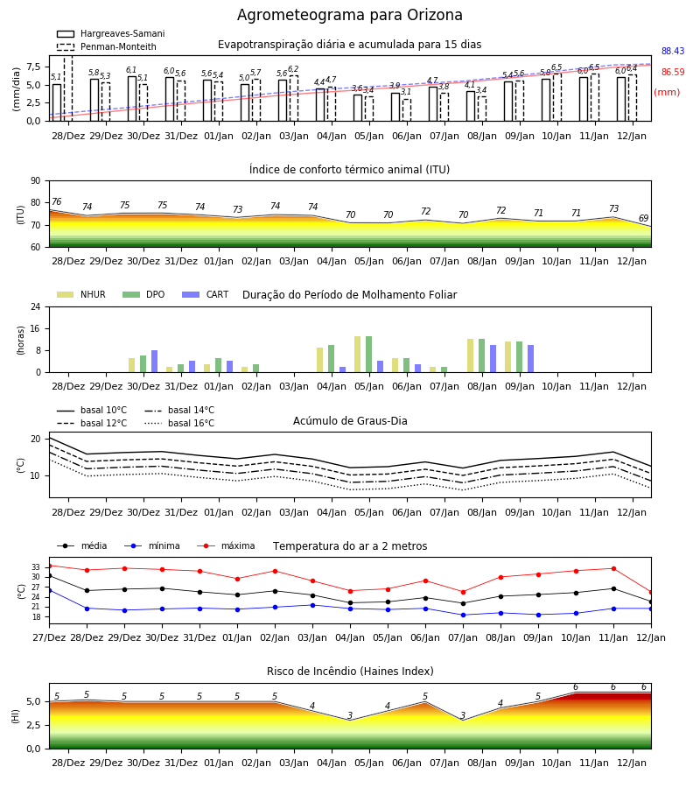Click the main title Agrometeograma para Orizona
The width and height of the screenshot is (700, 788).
click(349, 15)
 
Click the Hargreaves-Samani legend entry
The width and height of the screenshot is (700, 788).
click(110, 33)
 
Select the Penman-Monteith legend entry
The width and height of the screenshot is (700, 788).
click(107, 46)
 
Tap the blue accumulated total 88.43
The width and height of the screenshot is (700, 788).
click(673, 51)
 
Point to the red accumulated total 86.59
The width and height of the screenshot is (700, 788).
click(673, 72)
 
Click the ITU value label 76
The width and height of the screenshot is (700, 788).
click(56, 201)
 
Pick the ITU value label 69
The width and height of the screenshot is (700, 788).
click(643, 218)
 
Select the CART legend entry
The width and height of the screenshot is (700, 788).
click(206, 294)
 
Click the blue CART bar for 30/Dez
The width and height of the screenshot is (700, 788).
click(155, 362)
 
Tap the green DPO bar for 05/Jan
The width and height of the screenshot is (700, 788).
click(368, 355)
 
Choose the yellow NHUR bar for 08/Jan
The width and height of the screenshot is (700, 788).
click(470, 355)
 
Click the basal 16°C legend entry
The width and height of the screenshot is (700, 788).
click(179, 423)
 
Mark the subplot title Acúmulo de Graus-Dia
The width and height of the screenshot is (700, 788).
click(350, 421)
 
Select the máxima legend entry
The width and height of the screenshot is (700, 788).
click(226, 545)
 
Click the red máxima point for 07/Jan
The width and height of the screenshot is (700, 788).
click(463, 592)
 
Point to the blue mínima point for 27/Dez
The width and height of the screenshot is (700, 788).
click(49, 590)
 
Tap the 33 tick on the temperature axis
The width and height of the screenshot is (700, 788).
click(36, 566)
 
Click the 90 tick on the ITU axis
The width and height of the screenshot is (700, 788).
click(35, 181)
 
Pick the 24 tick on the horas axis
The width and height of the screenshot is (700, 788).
click(35, 306)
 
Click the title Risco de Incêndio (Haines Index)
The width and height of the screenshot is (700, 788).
click(350, 672)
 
